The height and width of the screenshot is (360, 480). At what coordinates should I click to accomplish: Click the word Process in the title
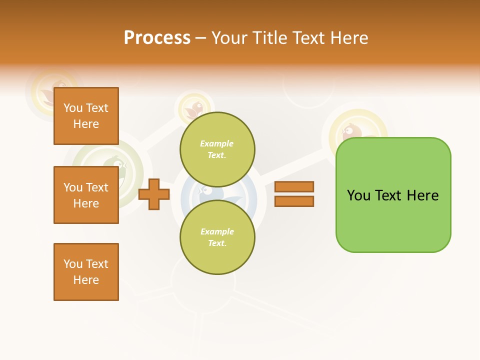coord(157,38)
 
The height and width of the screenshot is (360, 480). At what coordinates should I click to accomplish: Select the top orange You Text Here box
coord(86,116)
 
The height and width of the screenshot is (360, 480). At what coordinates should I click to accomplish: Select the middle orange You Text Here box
coord(86,195)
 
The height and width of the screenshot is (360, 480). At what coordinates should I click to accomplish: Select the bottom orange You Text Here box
coord(86,272)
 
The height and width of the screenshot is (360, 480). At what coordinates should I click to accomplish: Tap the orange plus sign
coord(153,194)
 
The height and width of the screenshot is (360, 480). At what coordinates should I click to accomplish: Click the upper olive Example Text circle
coord(217,149)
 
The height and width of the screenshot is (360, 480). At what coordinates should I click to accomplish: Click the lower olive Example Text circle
coord(217,237)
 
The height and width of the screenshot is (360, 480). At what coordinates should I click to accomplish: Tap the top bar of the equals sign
coord(294,187)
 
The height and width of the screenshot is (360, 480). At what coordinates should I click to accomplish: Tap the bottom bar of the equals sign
coord(294,201)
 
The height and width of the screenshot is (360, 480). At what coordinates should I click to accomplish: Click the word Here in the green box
coord(422,195)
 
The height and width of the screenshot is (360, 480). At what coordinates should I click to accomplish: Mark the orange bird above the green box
coord(352,131)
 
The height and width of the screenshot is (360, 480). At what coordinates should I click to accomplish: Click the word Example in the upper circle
coord(217,143)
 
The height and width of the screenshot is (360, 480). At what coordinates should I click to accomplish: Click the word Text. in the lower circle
coord(217,243)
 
